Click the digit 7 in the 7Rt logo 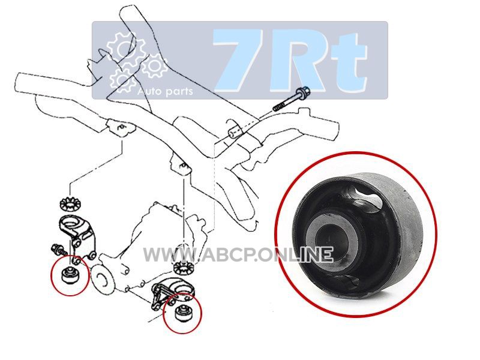(242, 59)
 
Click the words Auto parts (166, 91)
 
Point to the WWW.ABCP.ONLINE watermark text (238, 255)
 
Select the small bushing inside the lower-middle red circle (183, 313)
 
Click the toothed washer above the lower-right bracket (183, 268)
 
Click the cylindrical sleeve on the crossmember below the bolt (235, 132)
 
